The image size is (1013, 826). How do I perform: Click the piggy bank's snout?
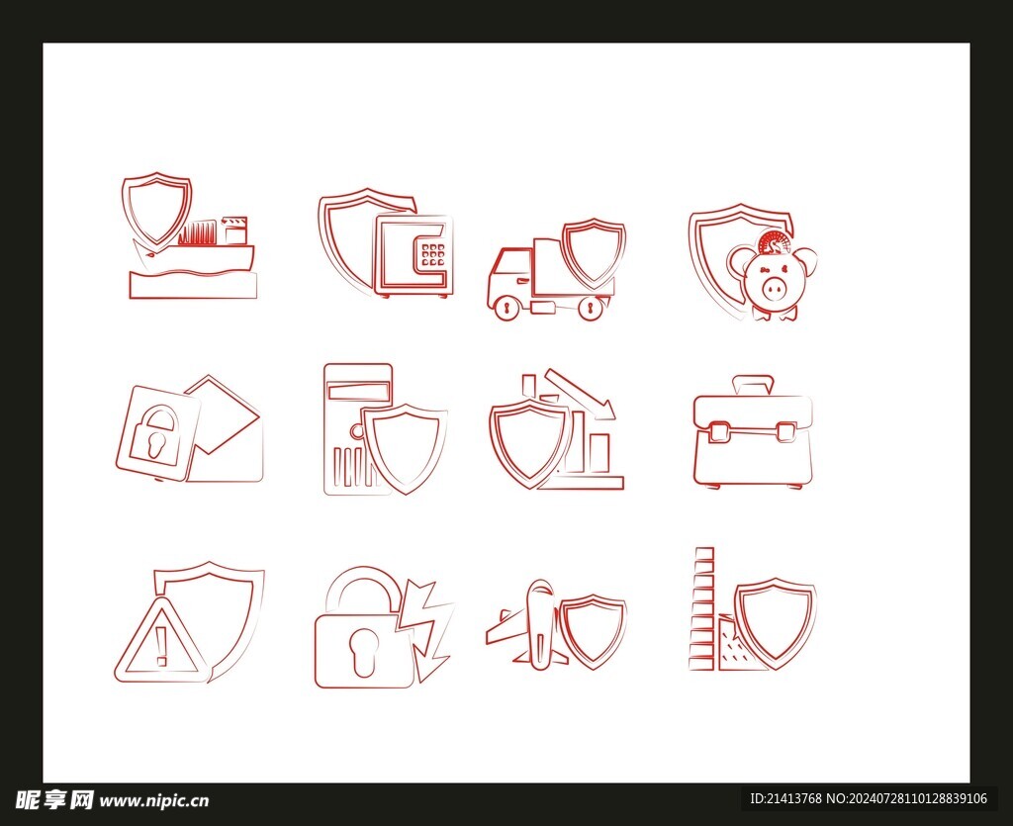(x=775, y=288)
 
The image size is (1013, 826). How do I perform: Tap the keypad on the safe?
(x=433, y=255)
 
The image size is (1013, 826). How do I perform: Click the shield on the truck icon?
(x=594, y=253)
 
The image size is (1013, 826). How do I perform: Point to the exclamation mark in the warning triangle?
(x=161, y=646)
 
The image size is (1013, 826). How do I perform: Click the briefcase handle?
(x=753, y=385)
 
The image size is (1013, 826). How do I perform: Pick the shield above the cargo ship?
(x=157, y=210)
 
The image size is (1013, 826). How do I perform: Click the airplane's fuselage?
(x=539, y=621)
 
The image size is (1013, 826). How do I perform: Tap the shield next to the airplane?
(x=594, y=631)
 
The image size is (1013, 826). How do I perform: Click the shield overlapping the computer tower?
(x=404, y=448)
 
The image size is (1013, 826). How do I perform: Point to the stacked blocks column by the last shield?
(x=702, y=608)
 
